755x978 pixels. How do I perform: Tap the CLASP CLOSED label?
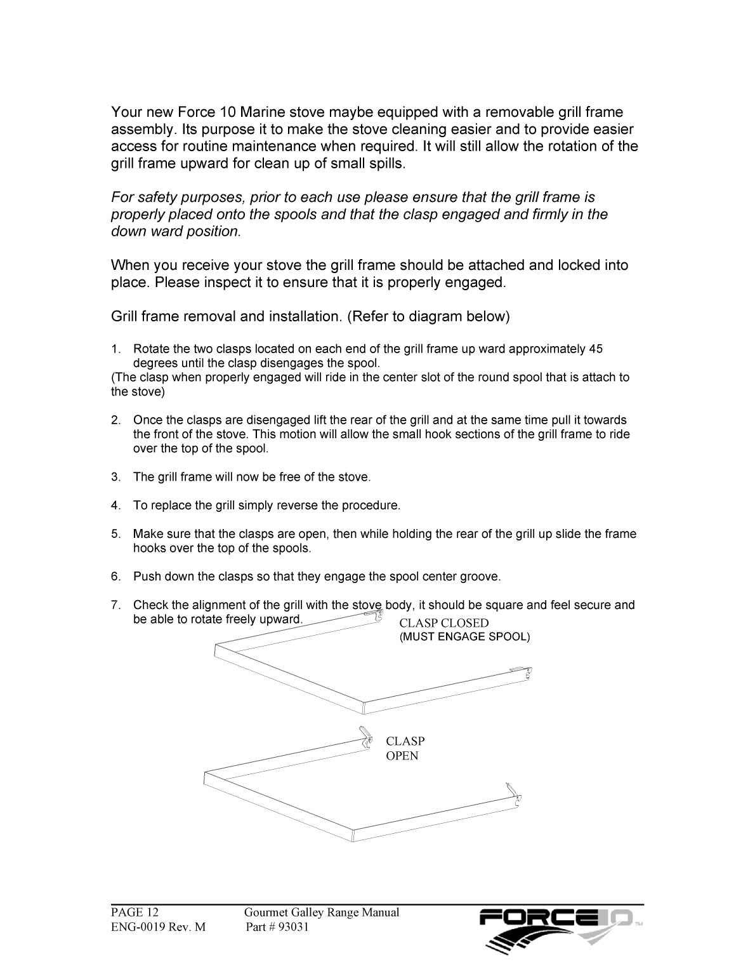[443, 623]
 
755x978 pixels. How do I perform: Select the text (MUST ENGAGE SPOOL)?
[464, 637]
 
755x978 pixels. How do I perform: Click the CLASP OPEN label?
[405, 748]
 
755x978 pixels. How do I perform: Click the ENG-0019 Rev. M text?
[159, 927]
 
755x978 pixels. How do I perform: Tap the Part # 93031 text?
[277, 927]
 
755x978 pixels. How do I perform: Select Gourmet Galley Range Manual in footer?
[322, 913]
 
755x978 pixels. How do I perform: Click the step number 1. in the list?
[115, 349]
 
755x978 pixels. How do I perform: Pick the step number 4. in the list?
[115, 506]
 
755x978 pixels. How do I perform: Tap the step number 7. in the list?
[115, 605]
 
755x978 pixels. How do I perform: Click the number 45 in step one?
[595, 349]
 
